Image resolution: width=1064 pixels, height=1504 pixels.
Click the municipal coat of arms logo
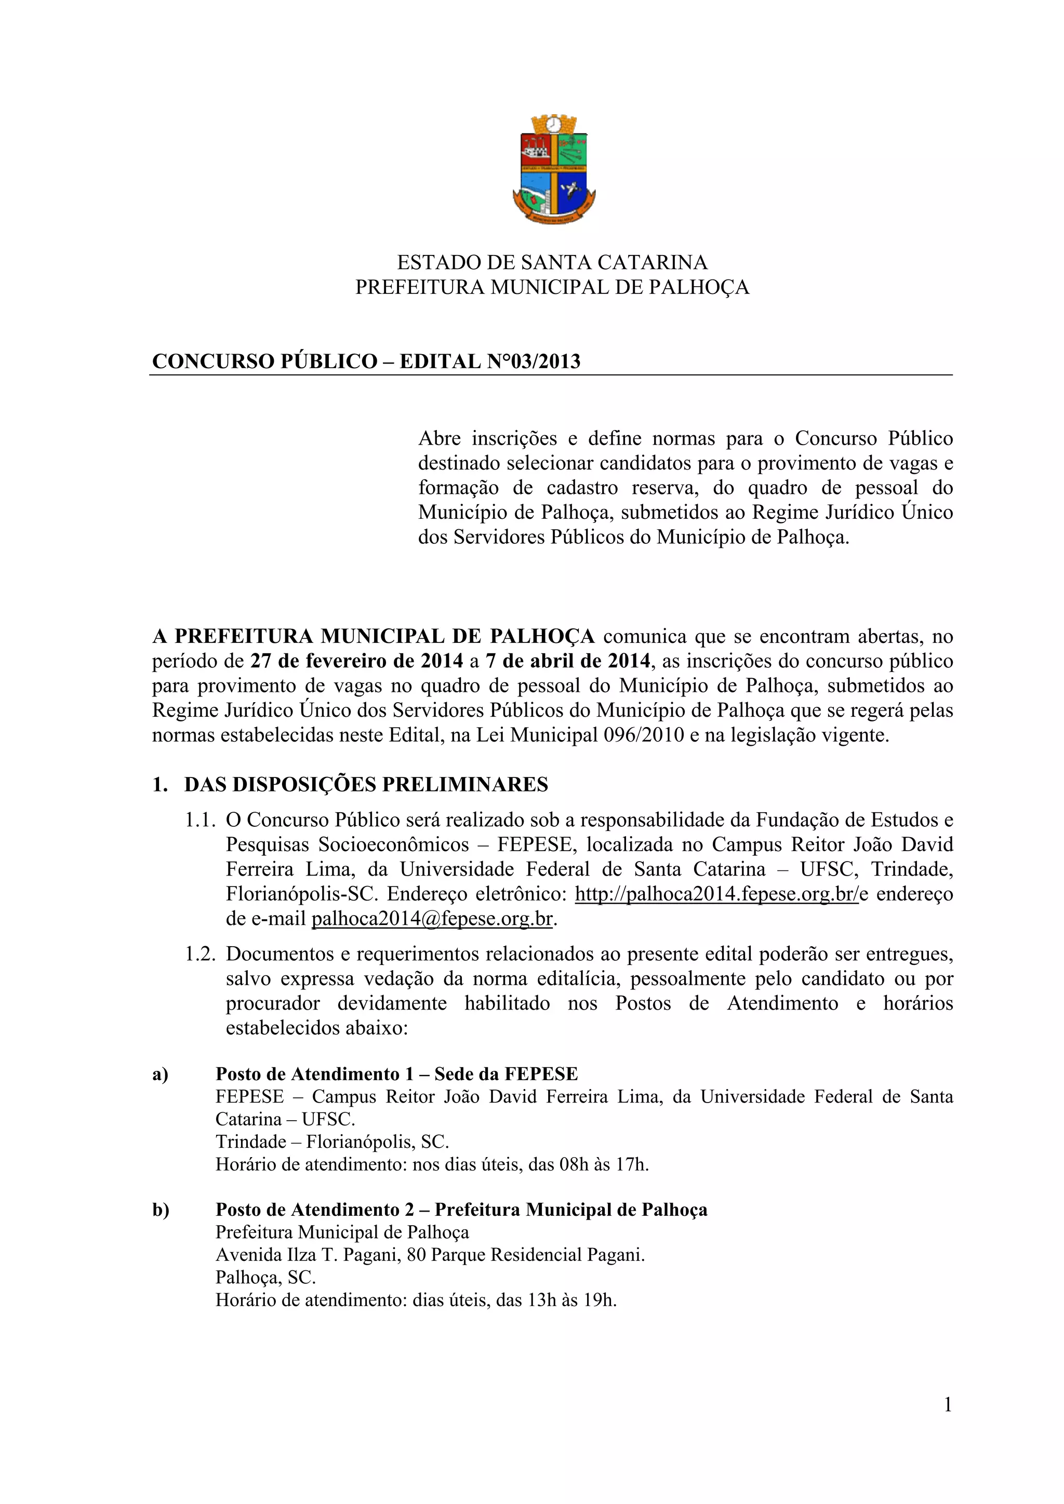(554, 169)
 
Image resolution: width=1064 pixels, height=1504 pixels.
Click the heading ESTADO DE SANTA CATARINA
(552, 263)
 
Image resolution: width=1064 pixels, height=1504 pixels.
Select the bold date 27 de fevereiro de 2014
(356, 661)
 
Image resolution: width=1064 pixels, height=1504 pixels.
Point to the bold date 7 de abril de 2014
(567, 661)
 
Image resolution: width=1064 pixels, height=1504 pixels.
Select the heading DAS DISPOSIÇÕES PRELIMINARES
(366, 785)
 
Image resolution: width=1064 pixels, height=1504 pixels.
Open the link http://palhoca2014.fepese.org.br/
(716, 894)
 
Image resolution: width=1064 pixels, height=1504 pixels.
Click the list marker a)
(161, 1075)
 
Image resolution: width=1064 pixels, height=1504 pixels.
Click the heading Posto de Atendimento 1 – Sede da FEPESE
(396, 1075)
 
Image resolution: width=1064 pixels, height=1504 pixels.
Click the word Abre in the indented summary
(439, 438)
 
